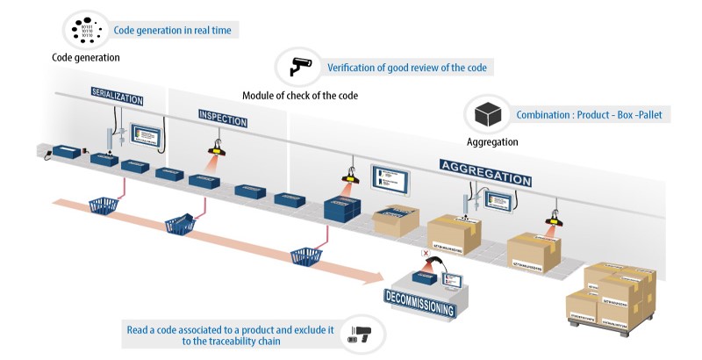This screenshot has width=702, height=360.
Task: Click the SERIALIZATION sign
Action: [x=116, y=95]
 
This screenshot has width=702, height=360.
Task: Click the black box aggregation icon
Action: [x=487, y=115]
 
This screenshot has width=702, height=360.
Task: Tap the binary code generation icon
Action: [x=85, y=31]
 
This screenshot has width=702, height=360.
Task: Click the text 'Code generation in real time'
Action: [x=173, y=30]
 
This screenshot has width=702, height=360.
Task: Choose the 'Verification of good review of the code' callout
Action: [x=407, y=68]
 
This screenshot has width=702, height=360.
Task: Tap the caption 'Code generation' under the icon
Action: [x=86, y=58]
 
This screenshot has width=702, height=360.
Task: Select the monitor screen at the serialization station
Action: [x=145, y=134]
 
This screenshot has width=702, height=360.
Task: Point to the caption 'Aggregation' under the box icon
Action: [x=492, y=141]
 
